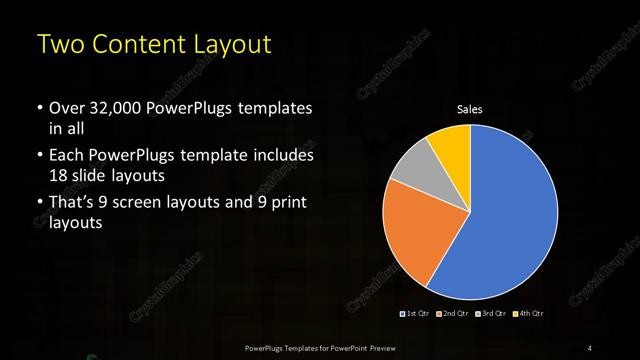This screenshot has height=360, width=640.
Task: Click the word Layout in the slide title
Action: (231, 45)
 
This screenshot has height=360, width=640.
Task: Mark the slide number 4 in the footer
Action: (590, 347)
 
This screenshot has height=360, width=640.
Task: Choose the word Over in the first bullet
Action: (66, 108)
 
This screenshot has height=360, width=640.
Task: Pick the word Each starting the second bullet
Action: (66, 156)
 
